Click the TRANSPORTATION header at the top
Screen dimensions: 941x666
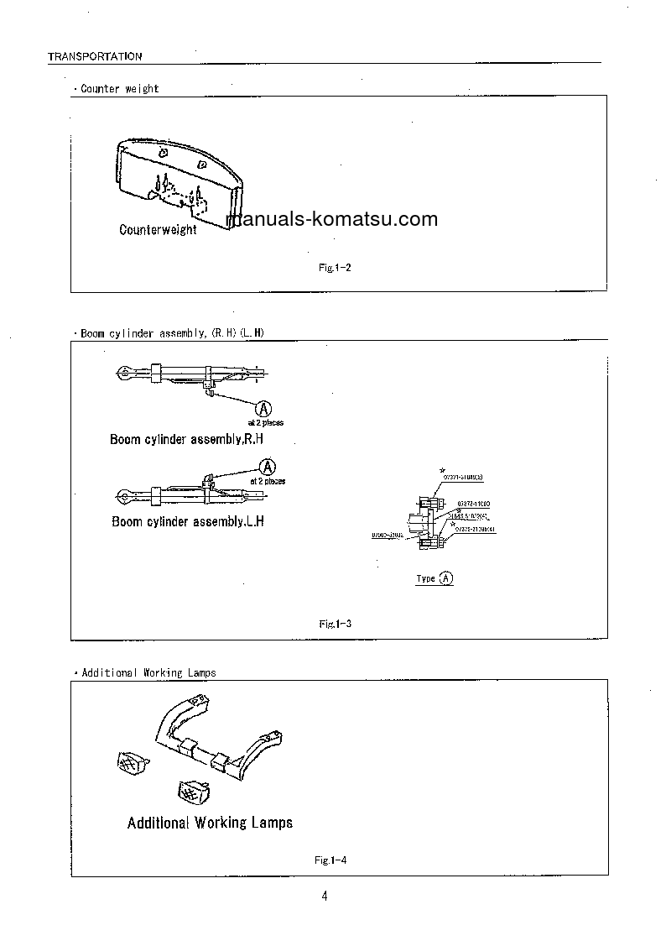point(95,56)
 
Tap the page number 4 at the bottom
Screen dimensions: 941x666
point(325,896)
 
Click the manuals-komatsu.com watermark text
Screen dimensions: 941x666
point(332,220)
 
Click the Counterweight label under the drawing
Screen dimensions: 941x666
point(158,229)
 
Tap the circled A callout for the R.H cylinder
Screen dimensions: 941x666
point(263,408)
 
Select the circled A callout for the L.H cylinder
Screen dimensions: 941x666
point(268,467)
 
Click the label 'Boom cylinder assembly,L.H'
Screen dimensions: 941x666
point(188,521)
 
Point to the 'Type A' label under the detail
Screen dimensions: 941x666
point(435,578)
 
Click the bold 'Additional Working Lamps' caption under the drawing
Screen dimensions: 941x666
point(210,823)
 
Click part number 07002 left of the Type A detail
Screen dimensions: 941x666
point(388,534)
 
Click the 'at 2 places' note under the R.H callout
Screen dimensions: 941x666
point(265,423)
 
